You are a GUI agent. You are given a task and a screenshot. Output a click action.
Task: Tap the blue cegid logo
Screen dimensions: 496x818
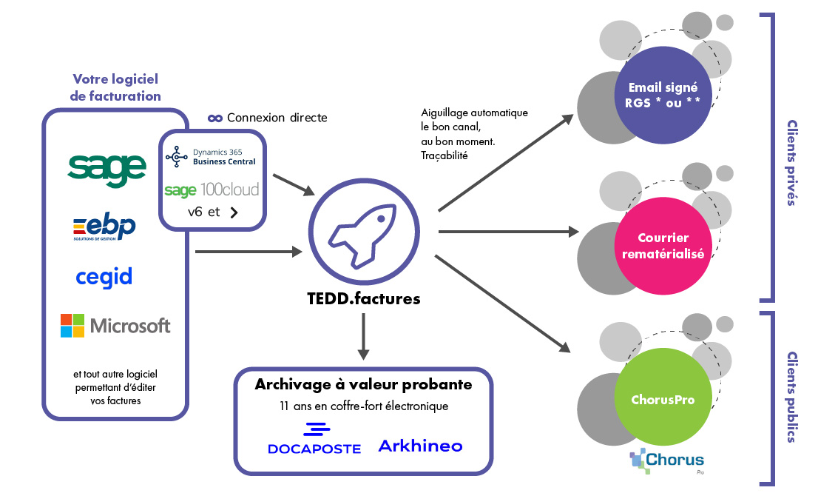click(x=104, y=277)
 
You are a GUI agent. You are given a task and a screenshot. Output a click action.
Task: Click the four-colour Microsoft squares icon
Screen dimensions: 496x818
click(x=72, y=326)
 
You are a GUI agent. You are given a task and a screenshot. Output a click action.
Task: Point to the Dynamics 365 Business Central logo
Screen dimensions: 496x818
click(x=211, y=156)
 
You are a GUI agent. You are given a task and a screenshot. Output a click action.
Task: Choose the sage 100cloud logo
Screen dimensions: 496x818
click(x=212, y=190)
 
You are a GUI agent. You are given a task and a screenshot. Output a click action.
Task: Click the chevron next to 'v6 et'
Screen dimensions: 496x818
click(x=234, y=212)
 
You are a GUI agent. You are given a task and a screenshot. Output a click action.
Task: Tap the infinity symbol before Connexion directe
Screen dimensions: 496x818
click(x=215, y=118)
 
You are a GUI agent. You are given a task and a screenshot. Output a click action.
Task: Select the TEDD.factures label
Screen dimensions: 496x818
click(x=363, y=299)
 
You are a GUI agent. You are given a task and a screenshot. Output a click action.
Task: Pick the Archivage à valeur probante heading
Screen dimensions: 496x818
click(x=363, y=385)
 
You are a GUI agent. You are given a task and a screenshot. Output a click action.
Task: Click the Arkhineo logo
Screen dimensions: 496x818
click(x=420, y=446)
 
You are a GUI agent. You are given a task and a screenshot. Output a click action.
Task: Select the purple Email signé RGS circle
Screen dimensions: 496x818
click(x=658, y=95)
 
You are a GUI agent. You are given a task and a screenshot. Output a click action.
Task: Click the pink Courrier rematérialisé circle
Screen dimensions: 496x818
click(x=658, y=246)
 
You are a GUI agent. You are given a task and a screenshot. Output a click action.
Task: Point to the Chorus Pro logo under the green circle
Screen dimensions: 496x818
click(x=666, y=460)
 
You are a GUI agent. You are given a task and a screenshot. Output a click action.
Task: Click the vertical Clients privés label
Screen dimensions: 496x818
click(x=791, y=163)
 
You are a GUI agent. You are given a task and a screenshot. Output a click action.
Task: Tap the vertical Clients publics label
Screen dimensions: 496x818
click(x=791, y=397)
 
